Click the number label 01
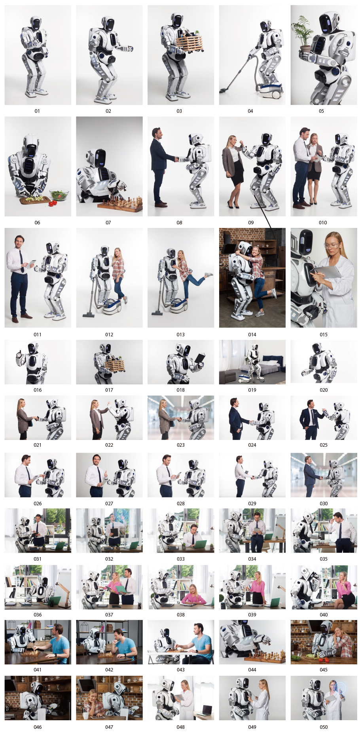click(x=37, y=111)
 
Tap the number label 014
click(x=252, y=334)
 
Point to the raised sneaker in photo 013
click(x=208, y=275)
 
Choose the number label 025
click(x=324, y=445)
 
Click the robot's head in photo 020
click(x=316, y=348)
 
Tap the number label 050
click(x=324, y=727)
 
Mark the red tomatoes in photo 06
click(x=53, y=203)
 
